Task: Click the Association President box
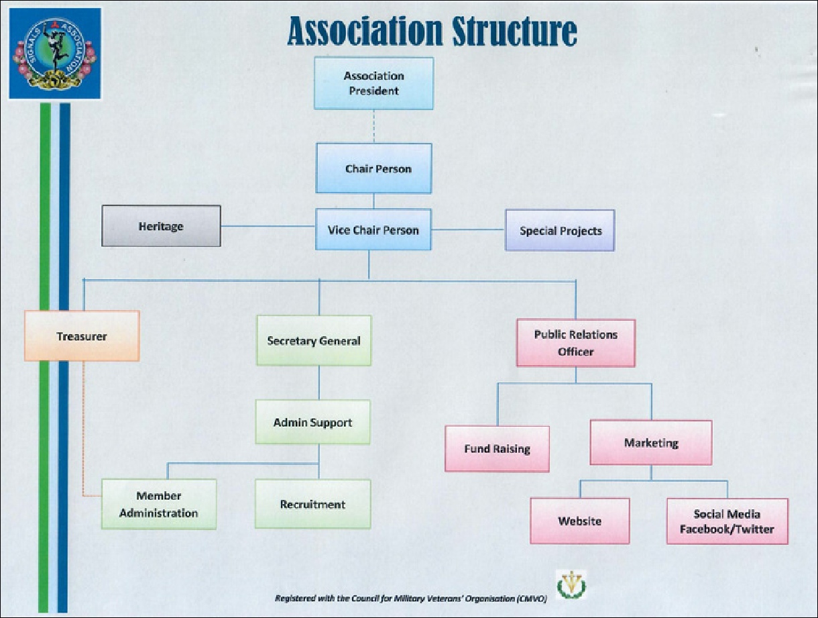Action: coord(373,83)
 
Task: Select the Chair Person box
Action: coord(373,168)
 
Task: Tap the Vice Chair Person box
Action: coord(373,229)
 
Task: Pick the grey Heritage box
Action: coord(161,225)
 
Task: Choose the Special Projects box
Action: coord(560,230)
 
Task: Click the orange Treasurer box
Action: coord(82,336)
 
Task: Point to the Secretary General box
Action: coord(314,340)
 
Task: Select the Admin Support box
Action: coord(312,422)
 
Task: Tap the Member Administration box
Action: coord(159,504)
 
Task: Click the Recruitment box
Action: coord(312,504)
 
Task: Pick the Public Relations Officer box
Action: coord(576,343)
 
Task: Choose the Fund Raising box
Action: coord(497,449)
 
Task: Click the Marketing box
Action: coord(650,443)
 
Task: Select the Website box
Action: coord(580,521)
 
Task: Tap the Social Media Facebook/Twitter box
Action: coord(727,521)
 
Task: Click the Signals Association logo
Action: coord(55,54)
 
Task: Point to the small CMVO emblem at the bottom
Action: coord(571,584)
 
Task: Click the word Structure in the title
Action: coord(515,32)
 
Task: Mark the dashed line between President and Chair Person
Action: coord(373,126)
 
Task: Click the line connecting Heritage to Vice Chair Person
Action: coord(268,226)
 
